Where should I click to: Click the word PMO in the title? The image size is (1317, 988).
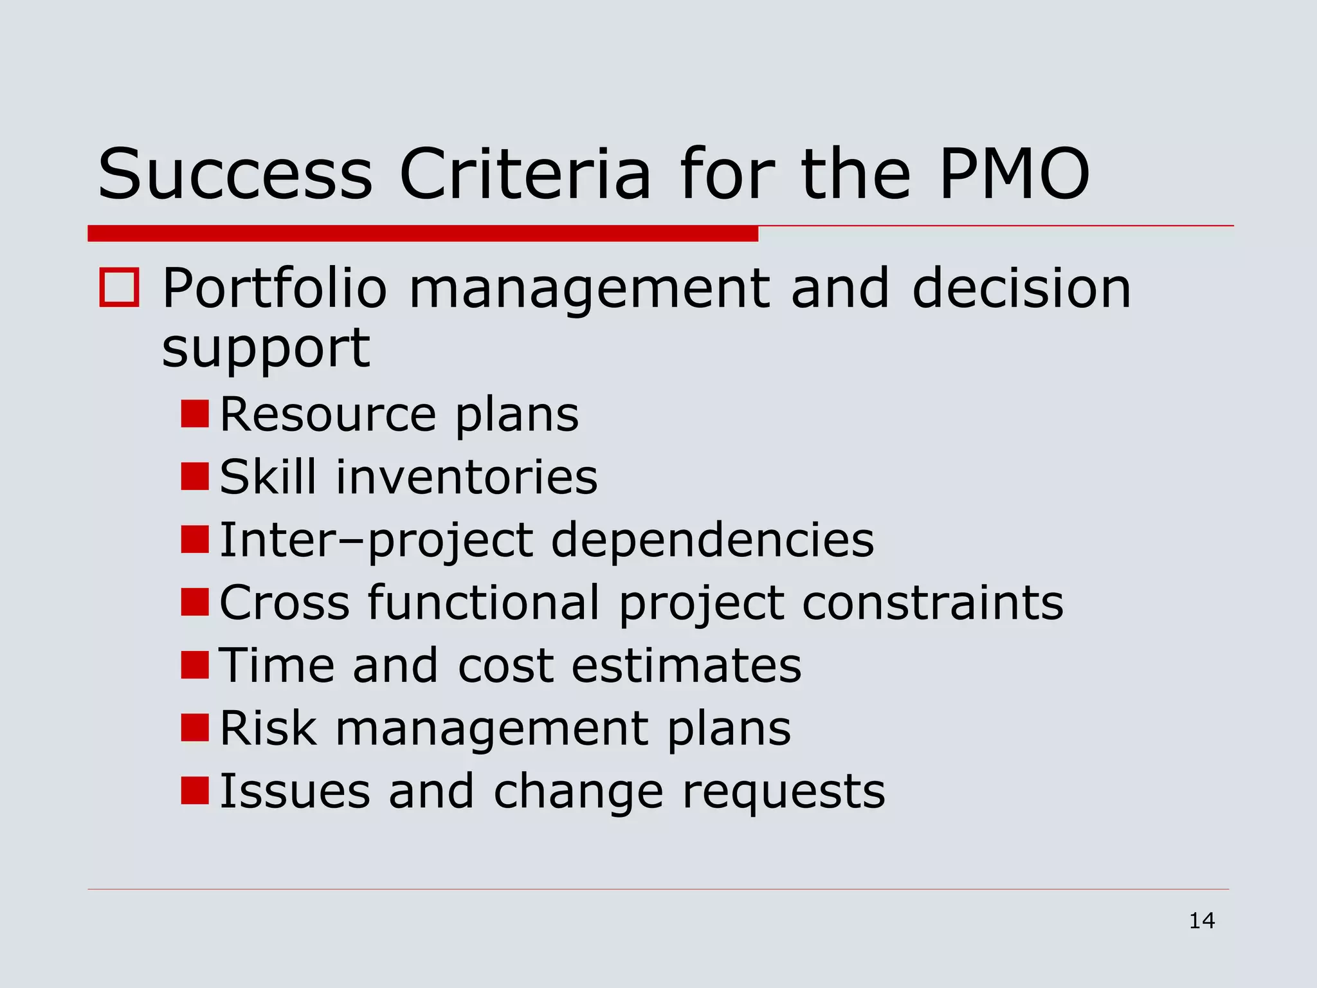[1014, 174]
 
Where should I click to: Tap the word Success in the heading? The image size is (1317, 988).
[235, 174]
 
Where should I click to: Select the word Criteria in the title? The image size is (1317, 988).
[525, 174]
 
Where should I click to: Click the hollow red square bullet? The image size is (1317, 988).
[119, 288]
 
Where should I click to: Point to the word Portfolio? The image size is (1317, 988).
[275, 289]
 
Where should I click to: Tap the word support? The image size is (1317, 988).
[266, 349]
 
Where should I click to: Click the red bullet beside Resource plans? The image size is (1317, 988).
[195, 414]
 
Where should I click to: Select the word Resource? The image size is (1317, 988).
[328, 414]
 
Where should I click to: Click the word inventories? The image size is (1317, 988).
[467, 477]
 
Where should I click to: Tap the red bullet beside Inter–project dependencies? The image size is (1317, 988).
[195, 539]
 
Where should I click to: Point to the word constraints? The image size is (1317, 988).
[932, 603]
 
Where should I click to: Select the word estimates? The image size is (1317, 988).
[686, 665]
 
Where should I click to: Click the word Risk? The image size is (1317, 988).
[268, 728]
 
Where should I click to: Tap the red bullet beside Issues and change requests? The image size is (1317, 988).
[195, 791]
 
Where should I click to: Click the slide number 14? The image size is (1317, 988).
[1202, 920]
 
